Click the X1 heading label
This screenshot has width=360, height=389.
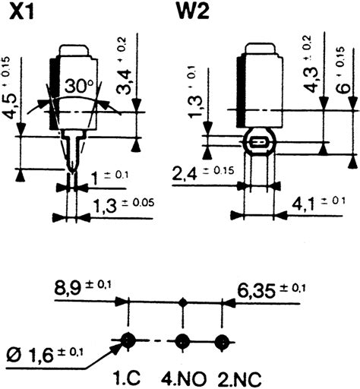click(x=21, y=12)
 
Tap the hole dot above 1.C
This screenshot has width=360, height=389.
click(x=127, y=340)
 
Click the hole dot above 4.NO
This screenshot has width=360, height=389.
click(x=182, y=340)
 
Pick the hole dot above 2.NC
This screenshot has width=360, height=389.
click(x=221, y=340)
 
